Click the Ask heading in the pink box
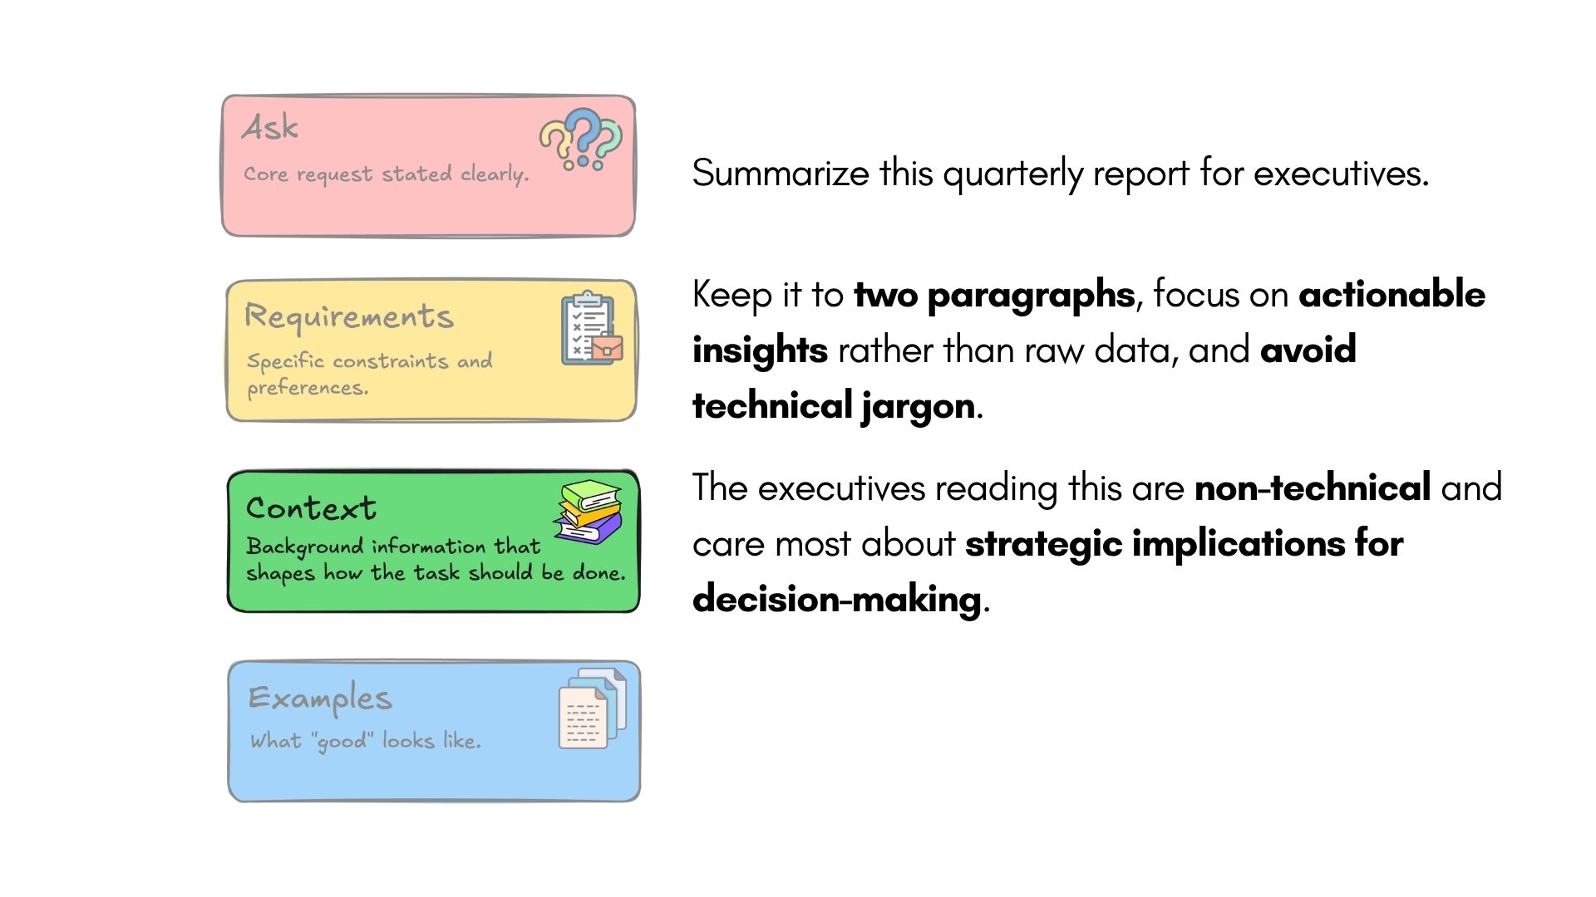point(270,128)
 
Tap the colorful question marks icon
point(581,139)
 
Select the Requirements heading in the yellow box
point(349,316)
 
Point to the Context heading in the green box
point(312,508)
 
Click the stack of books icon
point(589,511)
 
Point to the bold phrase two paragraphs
point(994,295)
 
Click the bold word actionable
point(1392,295)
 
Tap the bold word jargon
point(919,407)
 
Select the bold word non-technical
point(1313,488)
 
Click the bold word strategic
point(1043,545)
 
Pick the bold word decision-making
point(836,600)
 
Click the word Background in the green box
point(305,547)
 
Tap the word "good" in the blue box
point(342,741)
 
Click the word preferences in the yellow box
point(307,388)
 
